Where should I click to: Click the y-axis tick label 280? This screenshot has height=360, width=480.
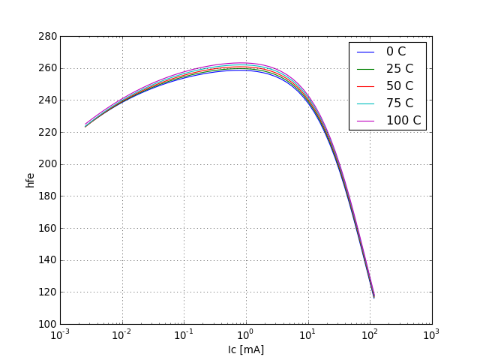(47, 36)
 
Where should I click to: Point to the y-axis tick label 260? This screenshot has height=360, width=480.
(47, 68)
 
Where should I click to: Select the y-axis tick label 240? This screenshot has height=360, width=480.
(47, 100)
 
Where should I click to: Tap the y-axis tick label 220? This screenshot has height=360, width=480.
(47, 132)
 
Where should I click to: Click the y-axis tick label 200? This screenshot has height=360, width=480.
(47, 164)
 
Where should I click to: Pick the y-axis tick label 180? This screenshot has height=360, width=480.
(47, 196)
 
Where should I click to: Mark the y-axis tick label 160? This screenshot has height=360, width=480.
(47, 228)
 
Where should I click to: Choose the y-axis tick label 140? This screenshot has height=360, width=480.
(47, 260)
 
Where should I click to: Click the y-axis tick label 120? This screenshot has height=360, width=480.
(47, 292)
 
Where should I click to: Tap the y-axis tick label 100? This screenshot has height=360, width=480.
(47, 324)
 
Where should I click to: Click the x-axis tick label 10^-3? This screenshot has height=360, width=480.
(61, 334)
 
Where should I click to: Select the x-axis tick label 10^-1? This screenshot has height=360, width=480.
(184, 334)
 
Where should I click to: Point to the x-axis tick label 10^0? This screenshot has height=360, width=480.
(246, 334)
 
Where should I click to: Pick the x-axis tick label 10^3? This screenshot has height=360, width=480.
(431, 334)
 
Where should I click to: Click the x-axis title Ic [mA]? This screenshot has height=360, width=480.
(246, 349)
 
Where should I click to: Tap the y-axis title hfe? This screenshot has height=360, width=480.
(31, 180)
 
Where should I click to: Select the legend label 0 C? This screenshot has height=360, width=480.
(396, 52)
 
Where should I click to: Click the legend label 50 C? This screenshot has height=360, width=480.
(399, 86)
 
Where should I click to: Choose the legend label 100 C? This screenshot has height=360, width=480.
(403, 120)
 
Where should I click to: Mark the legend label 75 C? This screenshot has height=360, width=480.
(399, 103)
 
